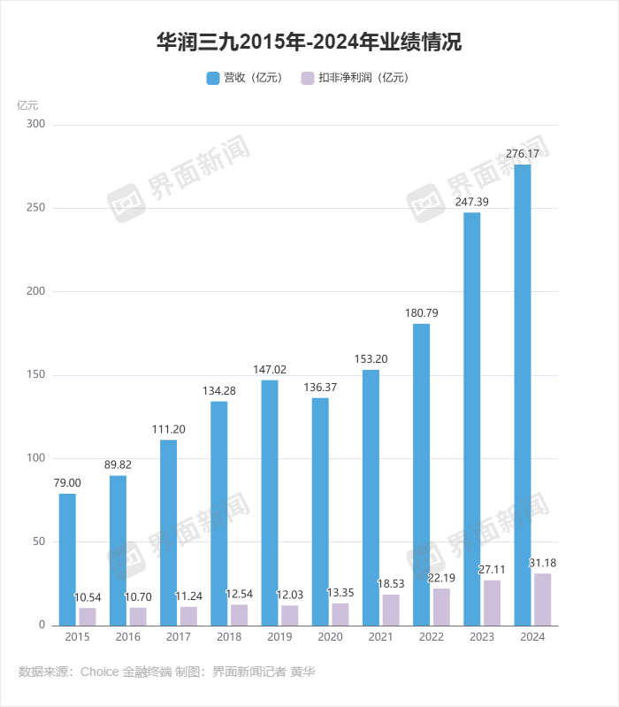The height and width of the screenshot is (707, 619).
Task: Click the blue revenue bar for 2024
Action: (523, 395)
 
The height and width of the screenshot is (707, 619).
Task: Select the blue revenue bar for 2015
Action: (67, 559)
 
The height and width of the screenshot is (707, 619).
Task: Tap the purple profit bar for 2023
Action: (493, 603)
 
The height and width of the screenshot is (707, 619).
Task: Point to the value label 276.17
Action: (523, 154)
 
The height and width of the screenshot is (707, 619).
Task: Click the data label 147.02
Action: (270, 369)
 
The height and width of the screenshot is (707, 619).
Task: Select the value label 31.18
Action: (542, 563)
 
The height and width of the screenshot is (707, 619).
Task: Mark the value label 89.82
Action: (118, 465)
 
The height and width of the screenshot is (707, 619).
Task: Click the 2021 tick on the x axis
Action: (381, 637)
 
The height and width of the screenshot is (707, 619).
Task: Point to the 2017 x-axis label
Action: (179, 637)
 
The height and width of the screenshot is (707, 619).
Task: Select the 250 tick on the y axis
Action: (34, 209)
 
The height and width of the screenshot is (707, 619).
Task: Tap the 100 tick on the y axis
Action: (34, 458)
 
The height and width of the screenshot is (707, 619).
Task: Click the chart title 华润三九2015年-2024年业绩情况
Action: (309, 42)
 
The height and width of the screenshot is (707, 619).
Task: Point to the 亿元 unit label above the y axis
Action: (28, 104)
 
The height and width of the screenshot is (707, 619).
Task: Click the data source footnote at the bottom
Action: (166, 672)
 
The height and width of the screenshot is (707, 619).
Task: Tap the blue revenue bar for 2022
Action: (421, 474)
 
